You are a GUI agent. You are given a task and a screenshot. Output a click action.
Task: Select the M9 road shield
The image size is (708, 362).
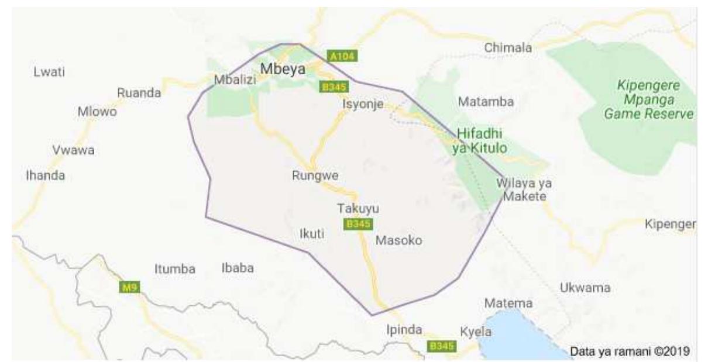pyautogui.click(x=129, y=287)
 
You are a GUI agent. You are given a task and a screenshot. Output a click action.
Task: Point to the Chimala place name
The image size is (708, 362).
pyautogui.click(x=508, y=47)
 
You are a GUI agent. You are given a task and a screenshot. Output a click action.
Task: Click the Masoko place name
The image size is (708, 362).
pyautogui.click(x=398, y=240)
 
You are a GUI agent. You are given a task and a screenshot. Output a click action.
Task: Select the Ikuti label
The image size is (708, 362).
pyautogui.click(x=311, y=234)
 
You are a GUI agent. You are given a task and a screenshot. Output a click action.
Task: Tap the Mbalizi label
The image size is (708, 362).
pyautogui.click(x=235, y=80)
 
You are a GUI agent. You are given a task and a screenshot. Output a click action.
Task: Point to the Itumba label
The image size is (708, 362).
pyautogui.click(x=174, y=269)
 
